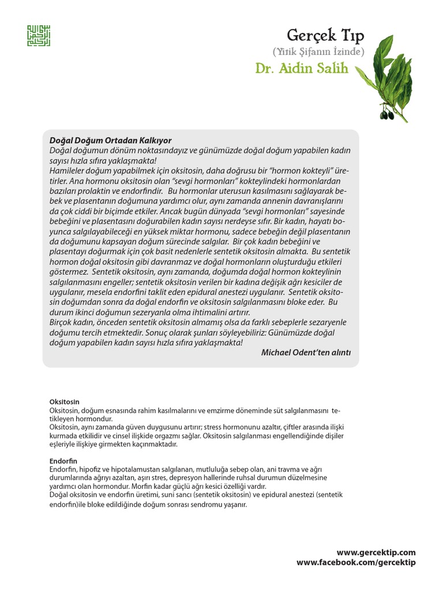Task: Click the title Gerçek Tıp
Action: (327, 36)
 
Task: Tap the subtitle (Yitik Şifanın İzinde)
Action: (326, 52)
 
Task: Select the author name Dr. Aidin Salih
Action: (302, 68)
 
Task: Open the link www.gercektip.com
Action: (376, 552)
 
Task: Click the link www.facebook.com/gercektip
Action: (356, 562)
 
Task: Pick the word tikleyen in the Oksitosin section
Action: (64, 418)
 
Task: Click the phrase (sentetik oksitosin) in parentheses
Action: (224, 495)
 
